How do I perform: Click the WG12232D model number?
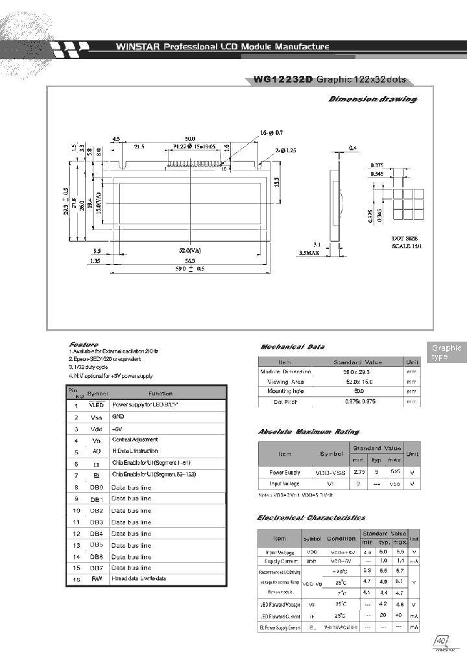point(283,79)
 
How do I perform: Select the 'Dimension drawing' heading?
point(372,99)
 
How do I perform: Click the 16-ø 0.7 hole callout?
point(272,132)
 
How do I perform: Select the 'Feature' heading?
point(84,344)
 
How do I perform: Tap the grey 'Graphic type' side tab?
point(446,353)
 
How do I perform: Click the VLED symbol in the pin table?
point(96,404)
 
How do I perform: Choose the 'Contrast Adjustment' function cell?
point(134,439)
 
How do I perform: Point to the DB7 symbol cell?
point(97,568)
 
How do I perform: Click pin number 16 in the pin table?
point(77,579)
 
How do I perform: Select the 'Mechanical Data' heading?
point(292,347)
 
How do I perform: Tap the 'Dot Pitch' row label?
point(285,402)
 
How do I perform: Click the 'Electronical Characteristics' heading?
point(311,517)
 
